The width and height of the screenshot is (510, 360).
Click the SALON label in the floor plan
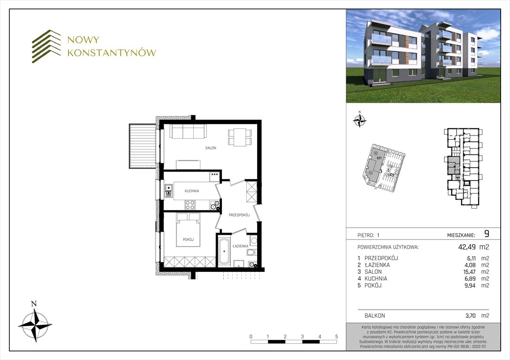point(210,148)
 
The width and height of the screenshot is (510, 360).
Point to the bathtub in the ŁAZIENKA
point(223,253)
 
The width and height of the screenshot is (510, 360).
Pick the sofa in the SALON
point(188,132)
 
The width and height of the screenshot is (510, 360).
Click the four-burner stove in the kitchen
point(190,204)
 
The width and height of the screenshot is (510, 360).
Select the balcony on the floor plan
point(143,145)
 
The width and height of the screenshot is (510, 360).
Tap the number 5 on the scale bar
point(336,337)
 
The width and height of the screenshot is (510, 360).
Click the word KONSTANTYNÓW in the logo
point(111,53)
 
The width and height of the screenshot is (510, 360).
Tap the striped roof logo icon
point(46,46)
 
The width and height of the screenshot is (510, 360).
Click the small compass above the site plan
point(359,120)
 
